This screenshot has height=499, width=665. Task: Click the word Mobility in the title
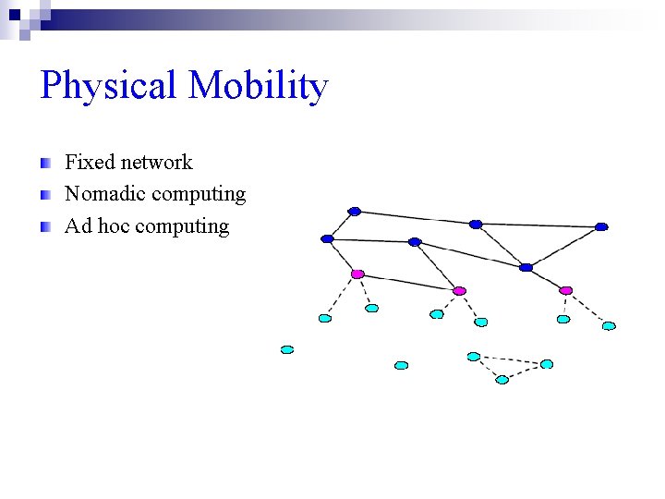pyautogui.click(x=258, y=87)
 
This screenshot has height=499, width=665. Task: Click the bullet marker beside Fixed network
pyautogui.click(x=45, y=164)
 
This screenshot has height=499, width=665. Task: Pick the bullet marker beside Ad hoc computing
pyautogui.click(x=45, y=226)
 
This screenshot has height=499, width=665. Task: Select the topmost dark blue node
pyautogui.click(x=354, y=211)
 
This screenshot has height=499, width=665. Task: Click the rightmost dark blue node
pyautogui.click(x=601, y=226)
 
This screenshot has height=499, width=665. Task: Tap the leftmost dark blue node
pyautogui.click(x=327, y=238)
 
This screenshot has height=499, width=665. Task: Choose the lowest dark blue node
pyautogui.click(x=526, y=267)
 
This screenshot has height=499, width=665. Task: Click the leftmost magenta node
pyautogui.click(x=357, y=274)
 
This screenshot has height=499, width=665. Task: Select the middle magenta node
pyautogui.click(x=459, y=291)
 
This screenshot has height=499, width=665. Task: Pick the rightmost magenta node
pyautogui.click(x=565, y=290)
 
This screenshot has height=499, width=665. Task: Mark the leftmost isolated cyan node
pyautogui.click(x=287, y=349)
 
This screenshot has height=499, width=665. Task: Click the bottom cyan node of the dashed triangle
pyautogui.click(x=502, y=379)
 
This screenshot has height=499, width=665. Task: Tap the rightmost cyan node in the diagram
pyautogui.click(x=609, y=325)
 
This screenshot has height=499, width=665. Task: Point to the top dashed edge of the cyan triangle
pyautogui.click(x=510, y=359)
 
